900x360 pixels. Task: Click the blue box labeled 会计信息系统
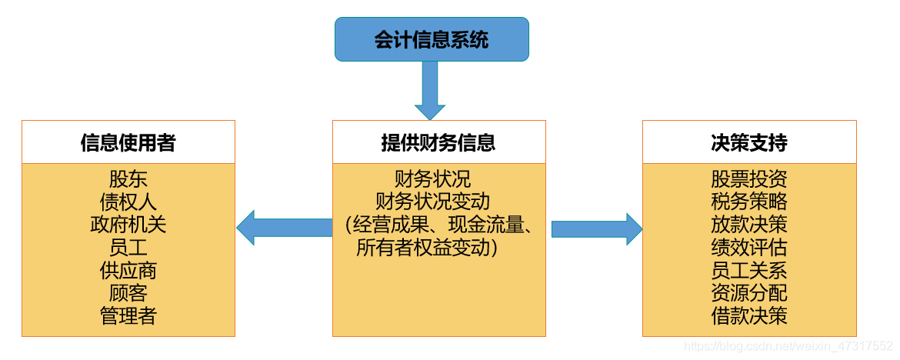click(x=432, y=39)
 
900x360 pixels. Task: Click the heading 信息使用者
click(x=128, y=142)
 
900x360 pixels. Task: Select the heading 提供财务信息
click(x=438, y=142)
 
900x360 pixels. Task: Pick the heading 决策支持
click(x=749, y=142)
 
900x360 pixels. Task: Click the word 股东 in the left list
click(x=128, y=180)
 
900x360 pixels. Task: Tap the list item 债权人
click(x=128, y=202)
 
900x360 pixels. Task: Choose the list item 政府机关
click(x=128, y=225)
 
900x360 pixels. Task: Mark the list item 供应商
click(x=128, y=270)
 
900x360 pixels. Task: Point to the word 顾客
click(x=128, y=292)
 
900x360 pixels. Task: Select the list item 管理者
click(x=128, y=315)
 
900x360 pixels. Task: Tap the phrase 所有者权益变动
click(x=427, y=248)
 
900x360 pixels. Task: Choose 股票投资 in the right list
click(x=749, y=180)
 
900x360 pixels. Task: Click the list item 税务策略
click(x=749, y=202)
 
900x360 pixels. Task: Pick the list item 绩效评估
click(x=749, y=248)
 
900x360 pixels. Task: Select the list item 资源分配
click(x=749, y=292)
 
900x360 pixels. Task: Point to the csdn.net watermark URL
click(x=788, y=347)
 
